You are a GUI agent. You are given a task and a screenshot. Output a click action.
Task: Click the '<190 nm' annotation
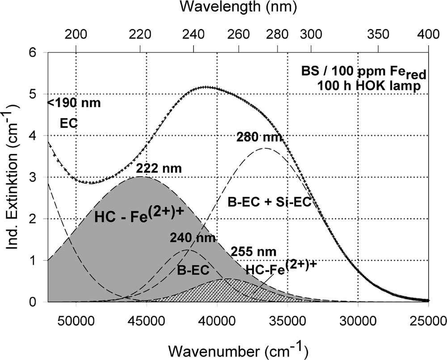coord(74,103)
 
